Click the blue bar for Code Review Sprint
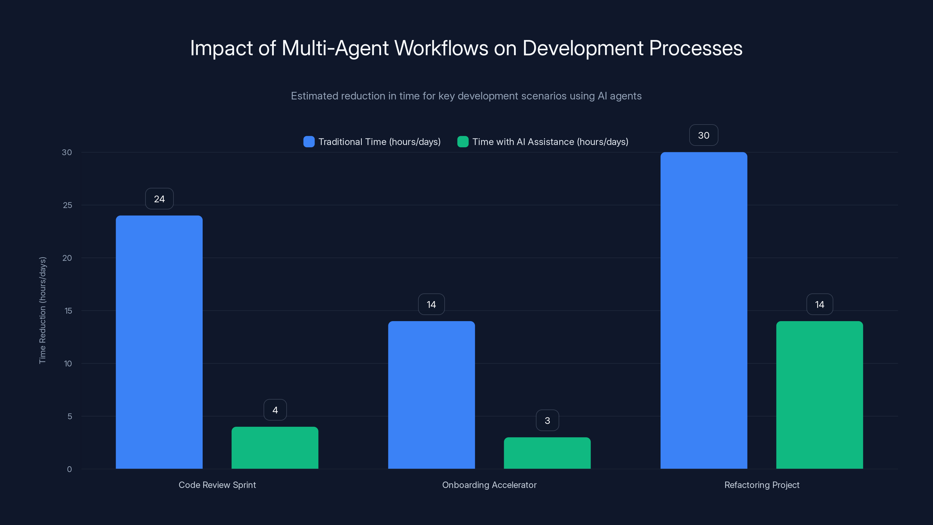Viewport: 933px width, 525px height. [x=159, y=342]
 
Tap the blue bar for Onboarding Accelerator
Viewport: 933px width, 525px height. [x=432, y=395]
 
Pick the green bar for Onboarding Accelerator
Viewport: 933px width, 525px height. [x=547, y=453]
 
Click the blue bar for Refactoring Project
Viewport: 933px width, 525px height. [x=704, y=311]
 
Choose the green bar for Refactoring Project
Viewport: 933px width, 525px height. [x=820, y=395]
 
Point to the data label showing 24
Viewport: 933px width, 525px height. [x=159, y=199]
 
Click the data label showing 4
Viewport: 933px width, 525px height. [x=275, y=410]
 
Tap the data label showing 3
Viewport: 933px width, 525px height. [x=547, y=421]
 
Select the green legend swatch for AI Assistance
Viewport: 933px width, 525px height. [x=463, y=142]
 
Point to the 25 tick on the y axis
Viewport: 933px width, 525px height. [x=67, y=205]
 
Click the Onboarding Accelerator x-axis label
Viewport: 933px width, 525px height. [x=489, y=485]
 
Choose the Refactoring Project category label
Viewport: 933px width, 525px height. [x=762, y=485]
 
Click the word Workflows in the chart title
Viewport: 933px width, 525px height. [x=441, y=48]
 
